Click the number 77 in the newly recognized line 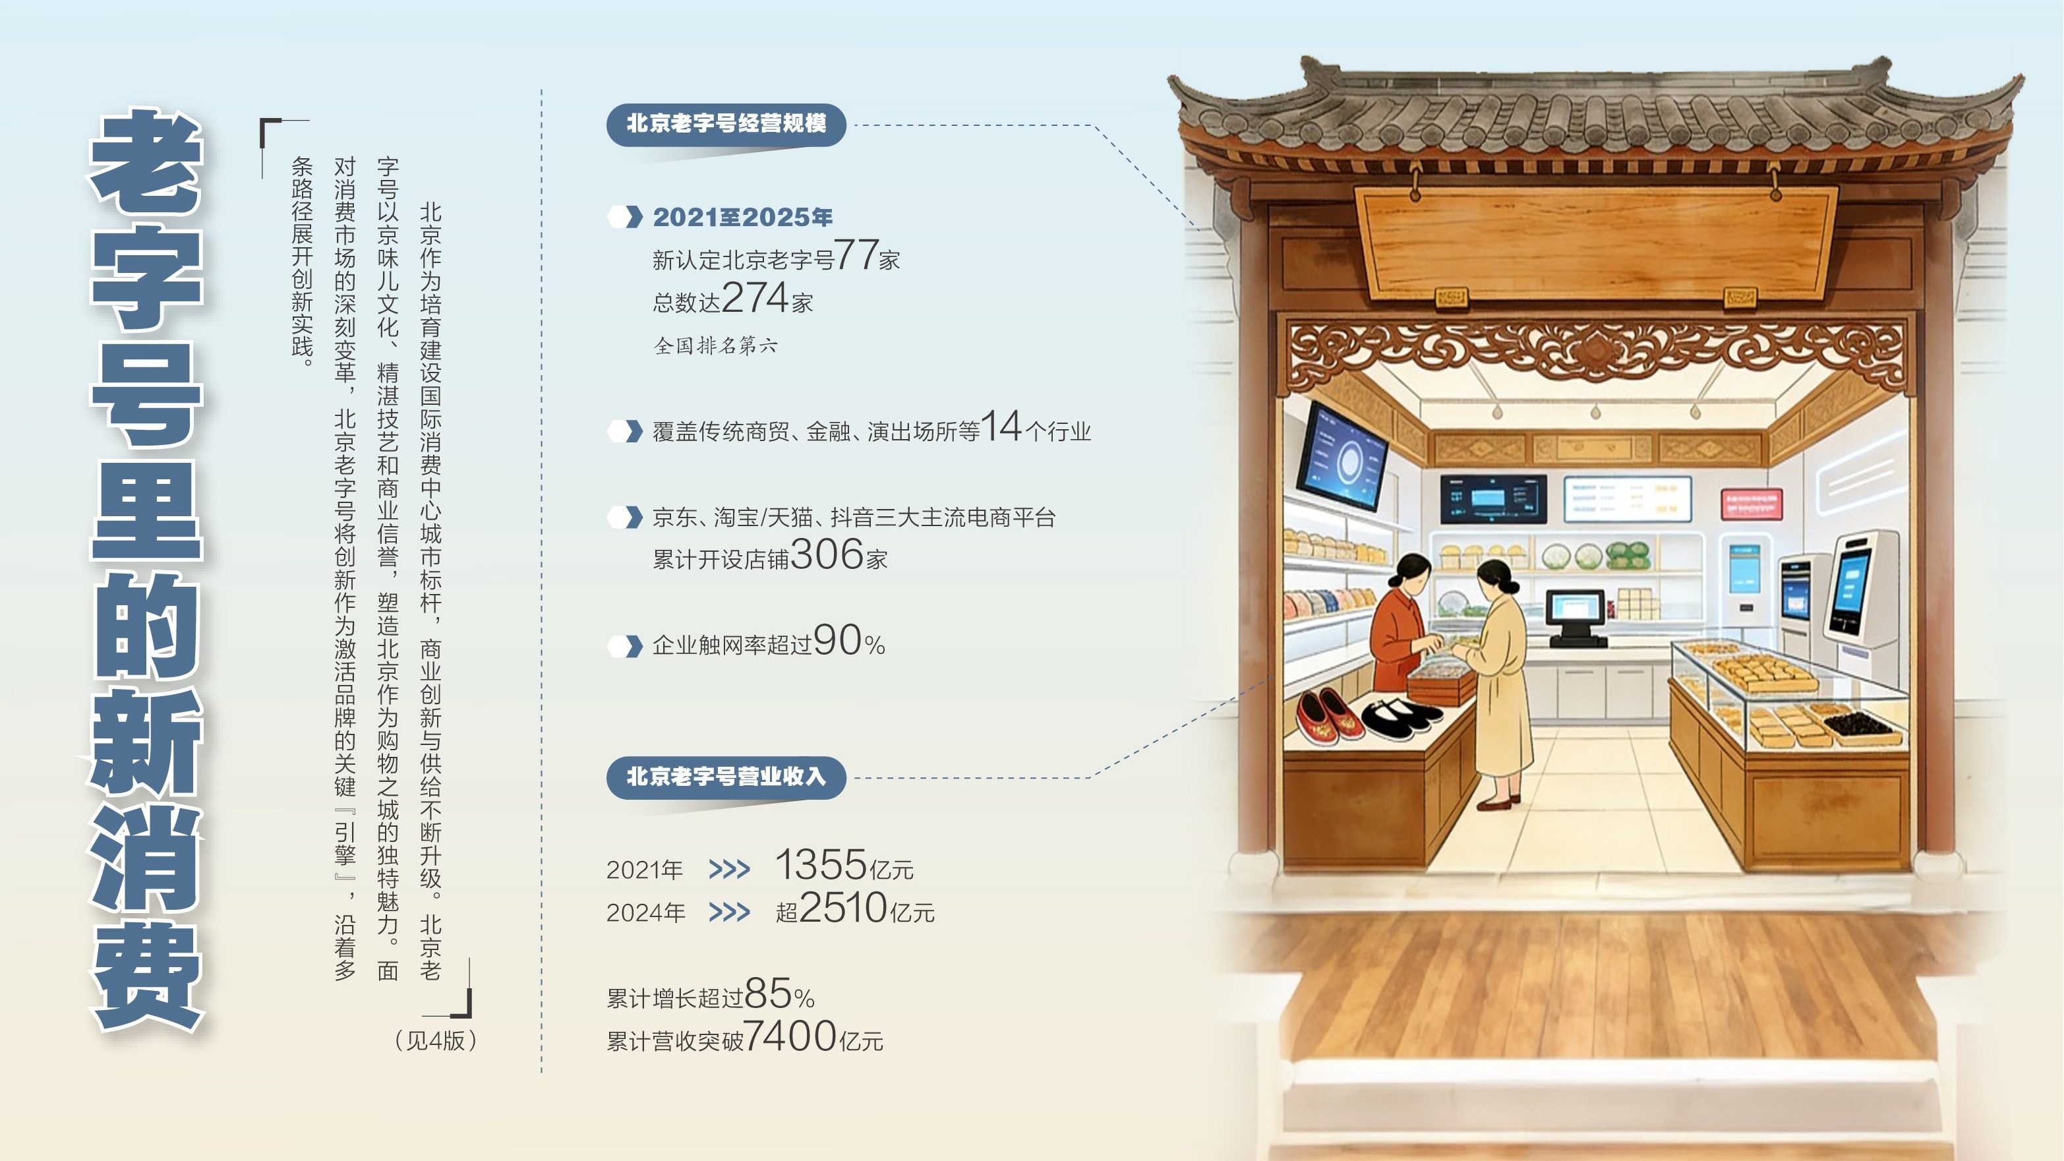pos(856,254)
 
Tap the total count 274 pos(755,297)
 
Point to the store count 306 pos(827,554)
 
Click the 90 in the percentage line pos(837,640)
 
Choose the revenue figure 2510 pos(844,908)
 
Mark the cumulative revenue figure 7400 pos(790,1036)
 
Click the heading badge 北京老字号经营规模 pos(726,124)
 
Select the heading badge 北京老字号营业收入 pos(726,777)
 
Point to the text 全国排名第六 pos(715,345)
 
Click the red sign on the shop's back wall pos(1752,504)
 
